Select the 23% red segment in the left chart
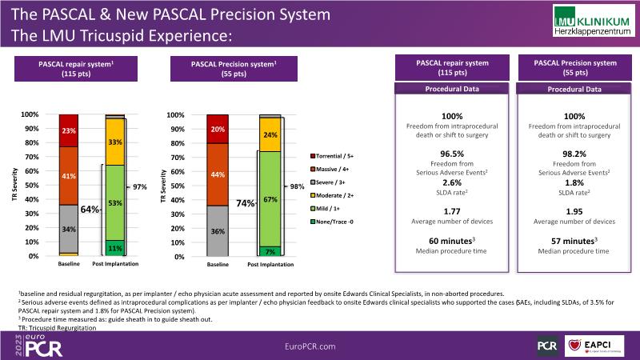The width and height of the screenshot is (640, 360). (x=69, y=130)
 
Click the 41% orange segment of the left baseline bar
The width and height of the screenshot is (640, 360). (x=69, y=175)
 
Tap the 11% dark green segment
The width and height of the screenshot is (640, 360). (x=114, y=248)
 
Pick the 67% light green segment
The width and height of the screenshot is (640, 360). (x=270, y=198)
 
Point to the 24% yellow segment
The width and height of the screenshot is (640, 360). (x=270, y=135)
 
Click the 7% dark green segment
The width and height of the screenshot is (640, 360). (x=270, y=251)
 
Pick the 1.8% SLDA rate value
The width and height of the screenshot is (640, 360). (x=574, y=182)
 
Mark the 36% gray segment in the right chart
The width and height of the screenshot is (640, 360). (x=218, y=231)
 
